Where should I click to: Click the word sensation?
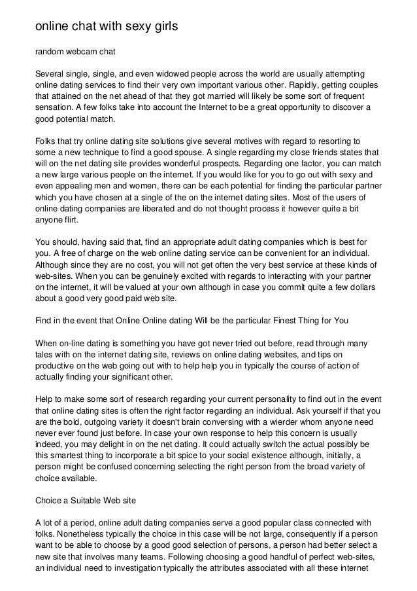click(55, 107)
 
